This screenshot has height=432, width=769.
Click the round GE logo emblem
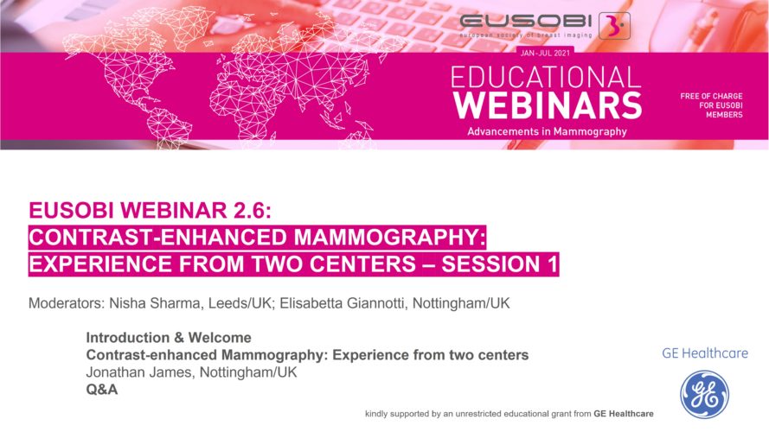[x=704, y=395]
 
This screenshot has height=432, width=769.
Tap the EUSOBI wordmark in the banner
[x=526, y=22]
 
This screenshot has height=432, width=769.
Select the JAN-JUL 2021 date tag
[x=545, y=54]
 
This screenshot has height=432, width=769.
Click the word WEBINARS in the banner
[x=548, y=105]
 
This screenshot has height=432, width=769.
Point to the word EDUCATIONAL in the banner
[x=546, y=78]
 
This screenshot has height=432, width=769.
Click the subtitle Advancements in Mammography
[x=547, y=131]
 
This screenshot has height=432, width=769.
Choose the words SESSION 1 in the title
[x=500, y=264]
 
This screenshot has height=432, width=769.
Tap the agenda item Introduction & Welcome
[x=169, y=338]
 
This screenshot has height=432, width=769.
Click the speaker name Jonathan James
[x=138, y=372]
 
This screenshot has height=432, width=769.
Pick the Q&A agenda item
[x=102, y=390]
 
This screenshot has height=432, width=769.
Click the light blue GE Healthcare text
[x=705, y=353]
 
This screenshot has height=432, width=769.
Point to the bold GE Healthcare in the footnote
[x=624, y=414]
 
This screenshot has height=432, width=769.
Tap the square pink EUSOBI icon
[x=614, y=25]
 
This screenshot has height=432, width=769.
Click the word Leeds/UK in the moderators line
[x=240, y=303]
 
